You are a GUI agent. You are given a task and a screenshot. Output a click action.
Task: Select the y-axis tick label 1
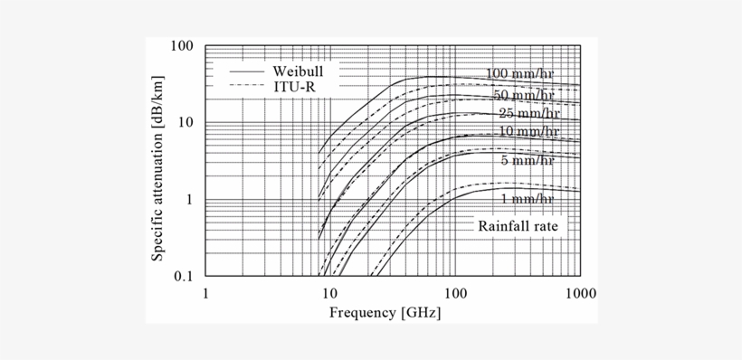(x=191, y=200)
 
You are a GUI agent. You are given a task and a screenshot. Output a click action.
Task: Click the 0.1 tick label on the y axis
(x=184, y=277)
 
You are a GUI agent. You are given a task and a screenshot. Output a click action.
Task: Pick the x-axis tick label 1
(x=206, y=293)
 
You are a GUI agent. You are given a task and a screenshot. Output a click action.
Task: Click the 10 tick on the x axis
(x=330, y=293)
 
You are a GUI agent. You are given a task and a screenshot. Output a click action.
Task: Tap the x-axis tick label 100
(x=455, y=293)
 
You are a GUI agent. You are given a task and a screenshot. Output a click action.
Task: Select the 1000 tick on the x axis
(x=580, y=293)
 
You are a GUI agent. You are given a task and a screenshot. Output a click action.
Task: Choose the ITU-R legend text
(x=291, y=85)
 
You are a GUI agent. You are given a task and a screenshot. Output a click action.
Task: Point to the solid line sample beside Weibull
(x=245, y=70)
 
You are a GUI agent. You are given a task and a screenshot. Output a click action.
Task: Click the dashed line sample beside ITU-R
(x=245, y=85)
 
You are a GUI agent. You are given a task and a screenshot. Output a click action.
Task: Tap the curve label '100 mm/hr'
(x=518, y=74)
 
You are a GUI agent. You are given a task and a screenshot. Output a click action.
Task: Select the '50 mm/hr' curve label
(x=522, y=95)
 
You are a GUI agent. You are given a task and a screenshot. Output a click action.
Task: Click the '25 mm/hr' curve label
(x=525, y=114)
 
